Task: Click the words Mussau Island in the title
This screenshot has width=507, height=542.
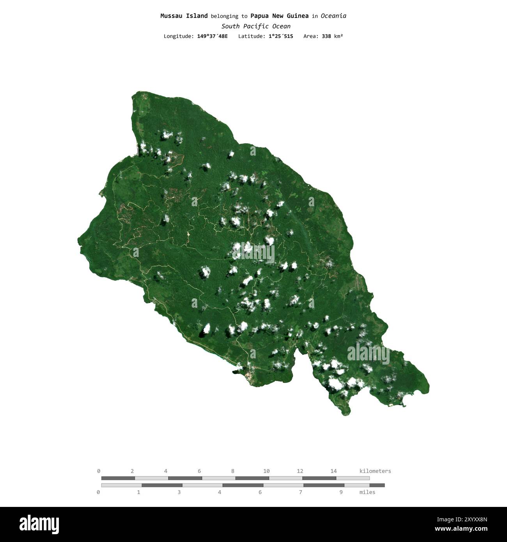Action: (x=184, y=16)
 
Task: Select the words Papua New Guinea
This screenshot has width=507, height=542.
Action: (x=279, y=16)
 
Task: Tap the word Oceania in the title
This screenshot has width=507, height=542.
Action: (x=333, y=16)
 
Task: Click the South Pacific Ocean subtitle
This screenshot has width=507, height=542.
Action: (x=256, y=26)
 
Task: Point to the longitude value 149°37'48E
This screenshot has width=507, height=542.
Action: (x=212, y=36)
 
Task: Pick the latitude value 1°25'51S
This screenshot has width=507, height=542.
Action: (x=280, y=36)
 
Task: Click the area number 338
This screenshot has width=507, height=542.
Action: (x=326, y=36)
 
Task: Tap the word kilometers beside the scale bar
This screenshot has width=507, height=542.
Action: (x=375, y=471)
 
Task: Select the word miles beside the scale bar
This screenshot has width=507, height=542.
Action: (x=367, y=492)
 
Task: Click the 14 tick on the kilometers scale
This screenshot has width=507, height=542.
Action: (x=333, y=471)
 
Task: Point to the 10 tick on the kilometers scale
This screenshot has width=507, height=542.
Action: (x=266, y=471)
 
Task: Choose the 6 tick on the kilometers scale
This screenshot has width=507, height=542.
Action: (x=199, y=471)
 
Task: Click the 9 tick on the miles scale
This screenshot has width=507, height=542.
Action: (x=341, y=492)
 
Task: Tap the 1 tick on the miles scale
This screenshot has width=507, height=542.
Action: (x=138, y=492)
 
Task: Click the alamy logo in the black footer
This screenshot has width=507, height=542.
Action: (x=39, y=524)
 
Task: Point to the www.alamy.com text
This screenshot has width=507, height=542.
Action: (x=461, y=529)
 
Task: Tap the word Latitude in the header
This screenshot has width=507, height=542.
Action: (x=251, y=36)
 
